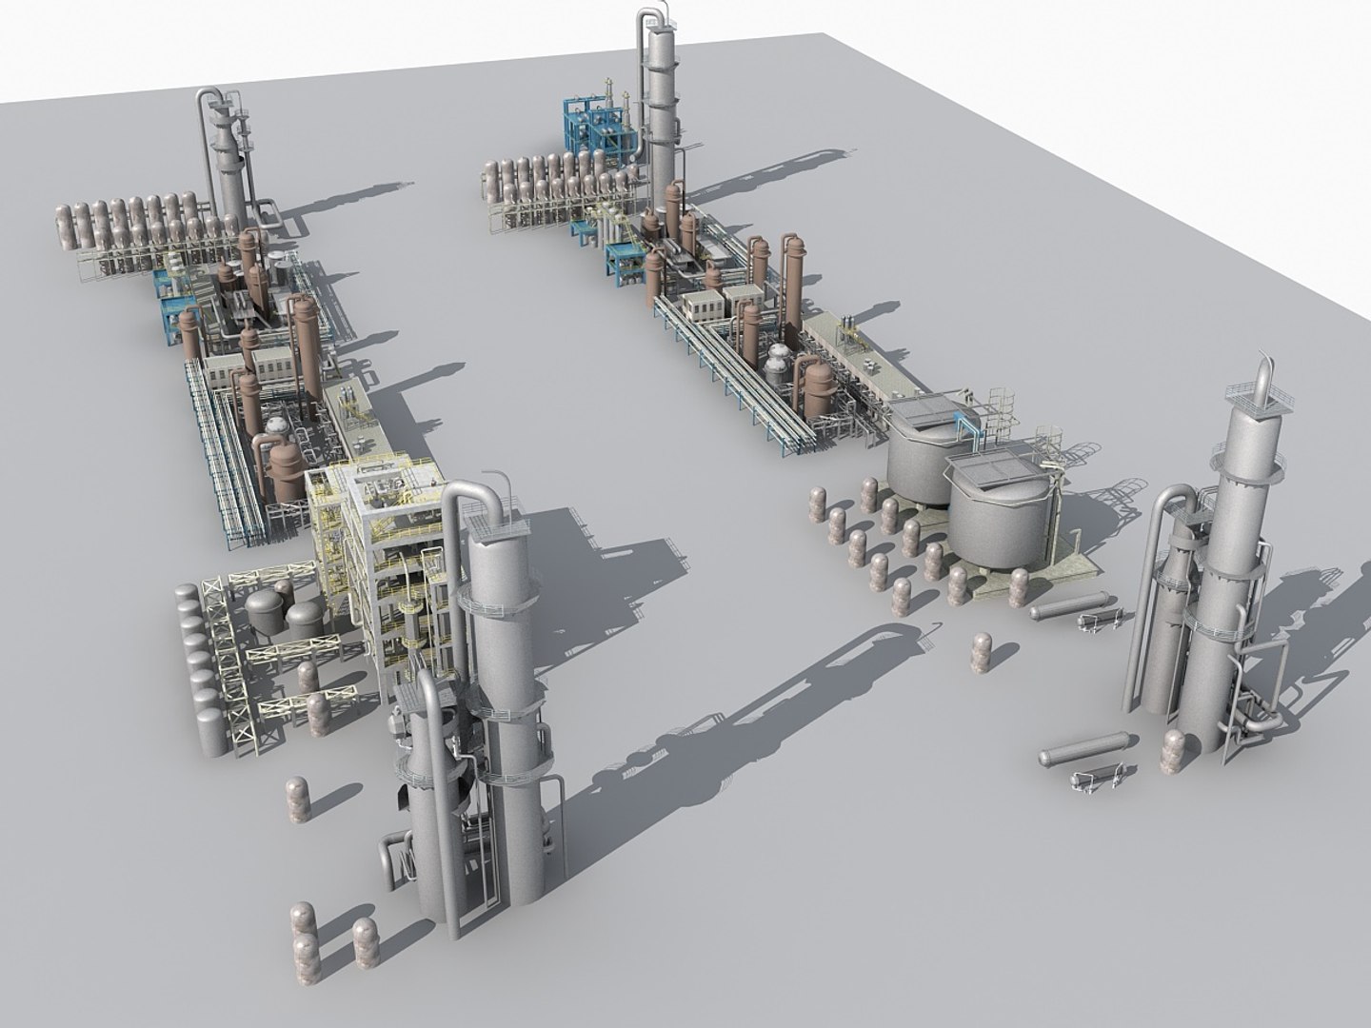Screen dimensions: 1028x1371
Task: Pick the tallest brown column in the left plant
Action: (306, 343)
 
